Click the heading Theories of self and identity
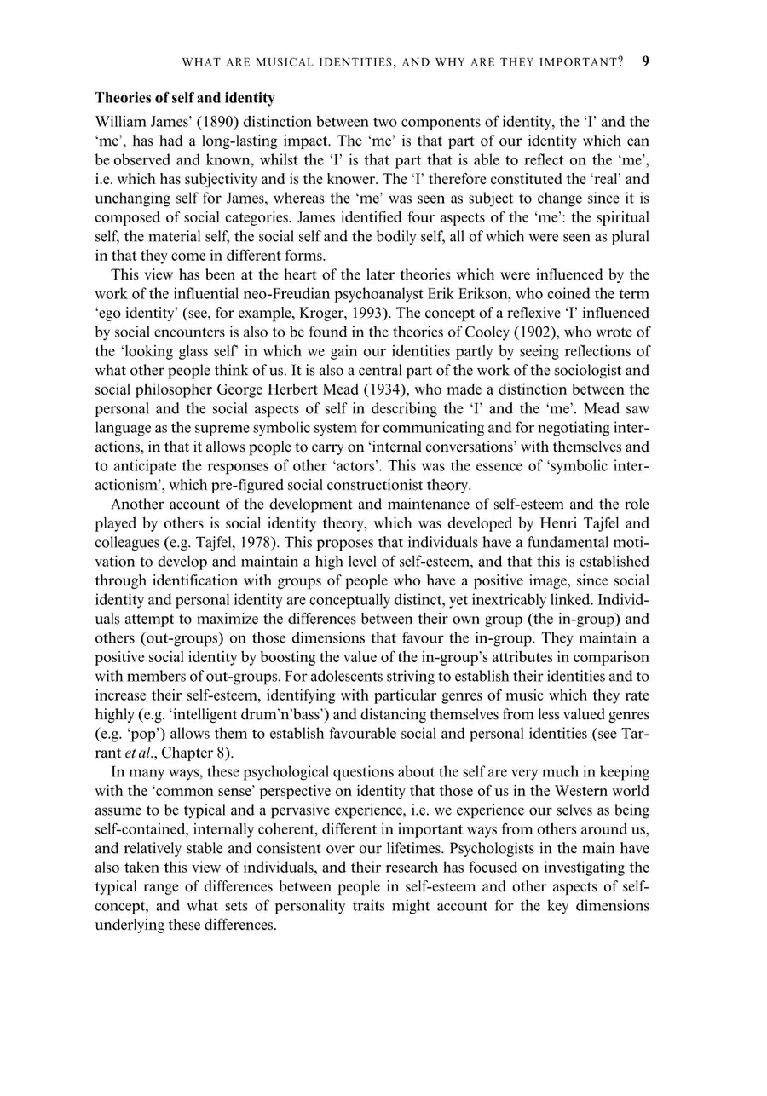pyautogui.click(x=185, y=98)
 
